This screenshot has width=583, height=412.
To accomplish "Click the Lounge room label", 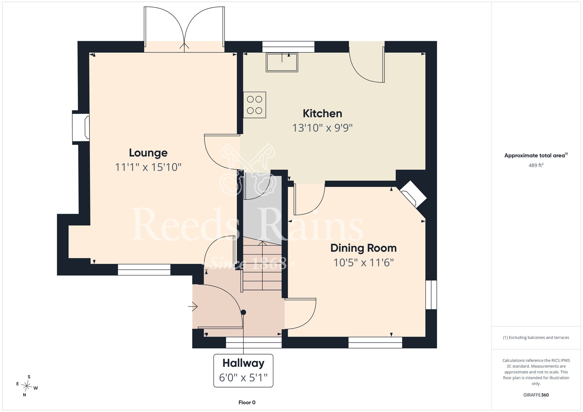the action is (148, 153).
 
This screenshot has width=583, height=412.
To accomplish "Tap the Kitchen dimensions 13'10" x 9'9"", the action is (322, 128).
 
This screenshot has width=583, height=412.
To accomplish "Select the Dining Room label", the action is (364, 248).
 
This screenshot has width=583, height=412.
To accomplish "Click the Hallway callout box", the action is (243, 371).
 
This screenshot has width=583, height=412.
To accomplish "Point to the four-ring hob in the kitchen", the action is (255, 105).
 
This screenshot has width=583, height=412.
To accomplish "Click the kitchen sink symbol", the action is (282, 62).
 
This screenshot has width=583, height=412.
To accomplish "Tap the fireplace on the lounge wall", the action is (81, 127).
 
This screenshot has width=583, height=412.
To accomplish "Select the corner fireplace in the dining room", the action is (414, 194).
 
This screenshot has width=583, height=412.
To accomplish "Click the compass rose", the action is (27, 386).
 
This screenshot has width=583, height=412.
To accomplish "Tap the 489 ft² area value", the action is (536, 165).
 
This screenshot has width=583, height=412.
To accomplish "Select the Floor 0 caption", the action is (247, 402).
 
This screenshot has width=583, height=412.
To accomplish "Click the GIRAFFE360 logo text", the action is (536, 395).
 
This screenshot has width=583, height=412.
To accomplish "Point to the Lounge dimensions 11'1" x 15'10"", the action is (148, 167).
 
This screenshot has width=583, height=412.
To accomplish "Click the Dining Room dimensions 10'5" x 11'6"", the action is (364, 263).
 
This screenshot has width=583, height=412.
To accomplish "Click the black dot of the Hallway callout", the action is (243, 312).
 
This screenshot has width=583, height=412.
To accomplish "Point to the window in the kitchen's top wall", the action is (288, 47).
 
